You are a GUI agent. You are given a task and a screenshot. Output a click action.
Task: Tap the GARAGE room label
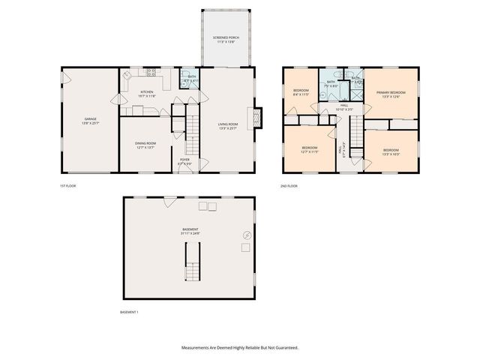(90, 121)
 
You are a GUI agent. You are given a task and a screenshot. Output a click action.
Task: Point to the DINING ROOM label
(145, 145)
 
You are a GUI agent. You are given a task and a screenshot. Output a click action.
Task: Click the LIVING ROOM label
(228, 127)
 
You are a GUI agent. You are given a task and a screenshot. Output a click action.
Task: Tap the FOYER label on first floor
(184, 161)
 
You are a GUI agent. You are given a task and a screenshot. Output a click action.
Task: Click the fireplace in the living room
(257, 118)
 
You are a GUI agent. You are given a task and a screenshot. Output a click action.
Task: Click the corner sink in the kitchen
(127, 75)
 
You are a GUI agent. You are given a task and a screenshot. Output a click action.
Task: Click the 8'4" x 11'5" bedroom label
(300, 93)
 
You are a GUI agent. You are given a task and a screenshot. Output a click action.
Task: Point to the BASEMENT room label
(190, 231)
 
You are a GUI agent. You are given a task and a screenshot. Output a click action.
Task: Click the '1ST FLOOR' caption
(68, 186)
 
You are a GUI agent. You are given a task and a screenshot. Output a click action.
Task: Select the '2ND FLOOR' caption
(289, 186)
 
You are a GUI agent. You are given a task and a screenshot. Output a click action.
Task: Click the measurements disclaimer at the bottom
(240, 347)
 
